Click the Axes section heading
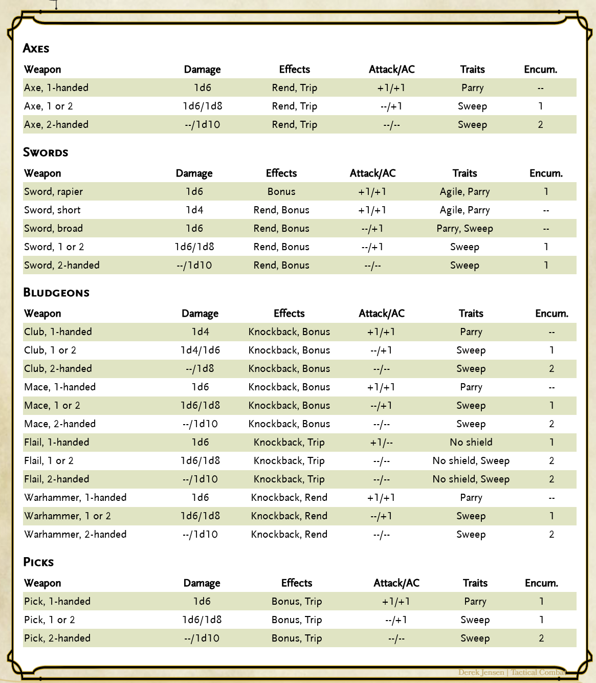[x=36, y=49]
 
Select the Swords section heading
[x=46, y=152]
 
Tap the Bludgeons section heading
[x=56, y=293]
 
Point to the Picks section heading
[x=38, y=562]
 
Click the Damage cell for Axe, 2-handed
[x=202, y=125]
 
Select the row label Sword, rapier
[x=53, y=192]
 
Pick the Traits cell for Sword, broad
[x=465, y=229]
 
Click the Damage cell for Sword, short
[x=194, y=210]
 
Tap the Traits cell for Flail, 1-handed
[x=471, y=443]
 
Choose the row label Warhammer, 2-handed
[x=75, y=535]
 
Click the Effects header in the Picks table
[x=297, y=583]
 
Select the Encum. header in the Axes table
[x=540, y=70]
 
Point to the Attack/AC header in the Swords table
[x=372, y=173]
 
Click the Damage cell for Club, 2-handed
[x=200, y=369]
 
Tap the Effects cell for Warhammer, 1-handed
[x=289, y=498]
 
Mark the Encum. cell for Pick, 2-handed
[x=541, y=638]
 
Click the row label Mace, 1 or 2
[x=52, y=406]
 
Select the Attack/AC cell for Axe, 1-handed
[x=391, y=88]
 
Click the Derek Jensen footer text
[x=481, y=672]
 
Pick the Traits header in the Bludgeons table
[x=471, y=314]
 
